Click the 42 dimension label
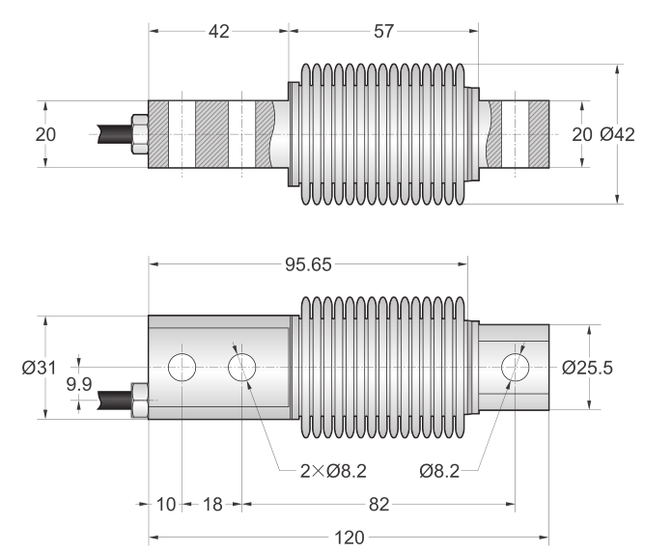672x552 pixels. (219, 32)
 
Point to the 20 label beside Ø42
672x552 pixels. (581, 134)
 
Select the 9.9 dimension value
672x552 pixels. (79, 385)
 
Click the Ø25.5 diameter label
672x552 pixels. (588, 367)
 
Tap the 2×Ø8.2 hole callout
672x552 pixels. (334, 471)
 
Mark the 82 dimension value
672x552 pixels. (380, 505)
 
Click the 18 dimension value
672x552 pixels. (212, 505)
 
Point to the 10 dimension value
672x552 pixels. (165, 505)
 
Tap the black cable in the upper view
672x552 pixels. (112, 133)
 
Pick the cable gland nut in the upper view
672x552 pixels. (139, 134)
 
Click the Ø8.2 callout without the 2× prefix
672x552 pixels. (446, 471)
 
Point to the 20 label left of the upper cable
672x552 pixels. (45, 134)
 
